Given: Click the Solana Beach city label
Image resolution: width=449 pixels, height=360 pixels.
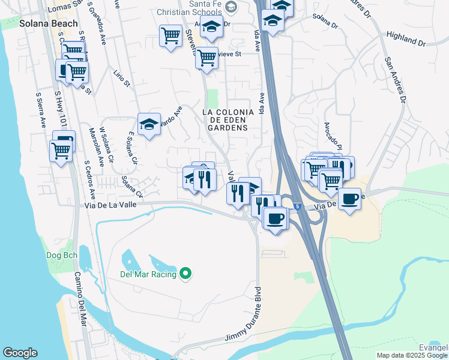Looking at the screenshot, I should tap(49, 23).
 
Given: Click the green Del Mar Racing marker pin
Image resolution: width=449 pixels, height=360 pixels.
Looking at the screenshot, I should tap(185, 274).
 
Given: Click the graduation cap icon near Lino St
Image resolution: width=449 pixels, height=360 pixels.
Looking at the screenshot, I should tap(149, 124).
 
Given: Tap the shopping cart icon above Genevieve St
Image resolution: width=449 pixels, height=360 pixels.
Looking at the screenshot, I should tap(171, 35).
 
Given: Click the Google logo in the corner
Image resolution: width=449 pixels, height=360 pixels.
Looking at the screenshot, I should tap(20, 353).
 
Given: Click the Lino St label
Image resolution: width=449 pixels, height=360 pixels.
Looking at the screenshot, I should tap(122, 79).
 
